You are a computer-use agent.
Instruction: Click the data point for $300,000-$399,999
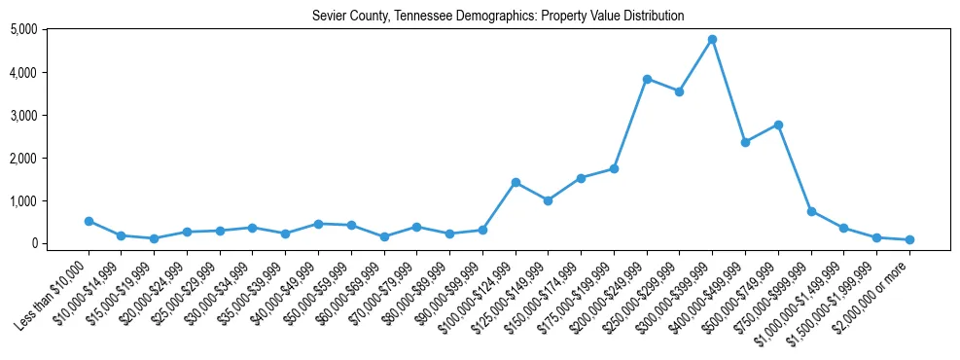[712, 39]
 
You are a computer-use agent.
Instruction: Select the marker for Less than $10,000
[89, 221]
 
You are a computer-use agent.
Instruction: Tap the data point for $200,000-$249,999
[647, 79]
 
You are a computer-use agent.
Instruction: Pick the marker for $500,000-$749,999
[778, 125]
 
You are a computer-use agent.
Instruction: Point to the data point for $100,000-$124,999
[516, 182]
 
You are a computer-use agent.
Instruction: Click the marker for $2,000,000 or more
[909, 239]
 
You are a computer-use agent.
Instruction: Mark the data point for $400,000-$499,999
[745, 142]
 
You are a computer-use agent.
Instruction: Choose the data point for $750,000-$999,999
[811, 211]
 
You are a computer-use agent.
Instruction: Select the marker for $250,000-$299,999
[679, 91]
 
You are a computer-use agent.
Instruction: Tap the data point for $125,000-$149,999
[549, 200]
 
